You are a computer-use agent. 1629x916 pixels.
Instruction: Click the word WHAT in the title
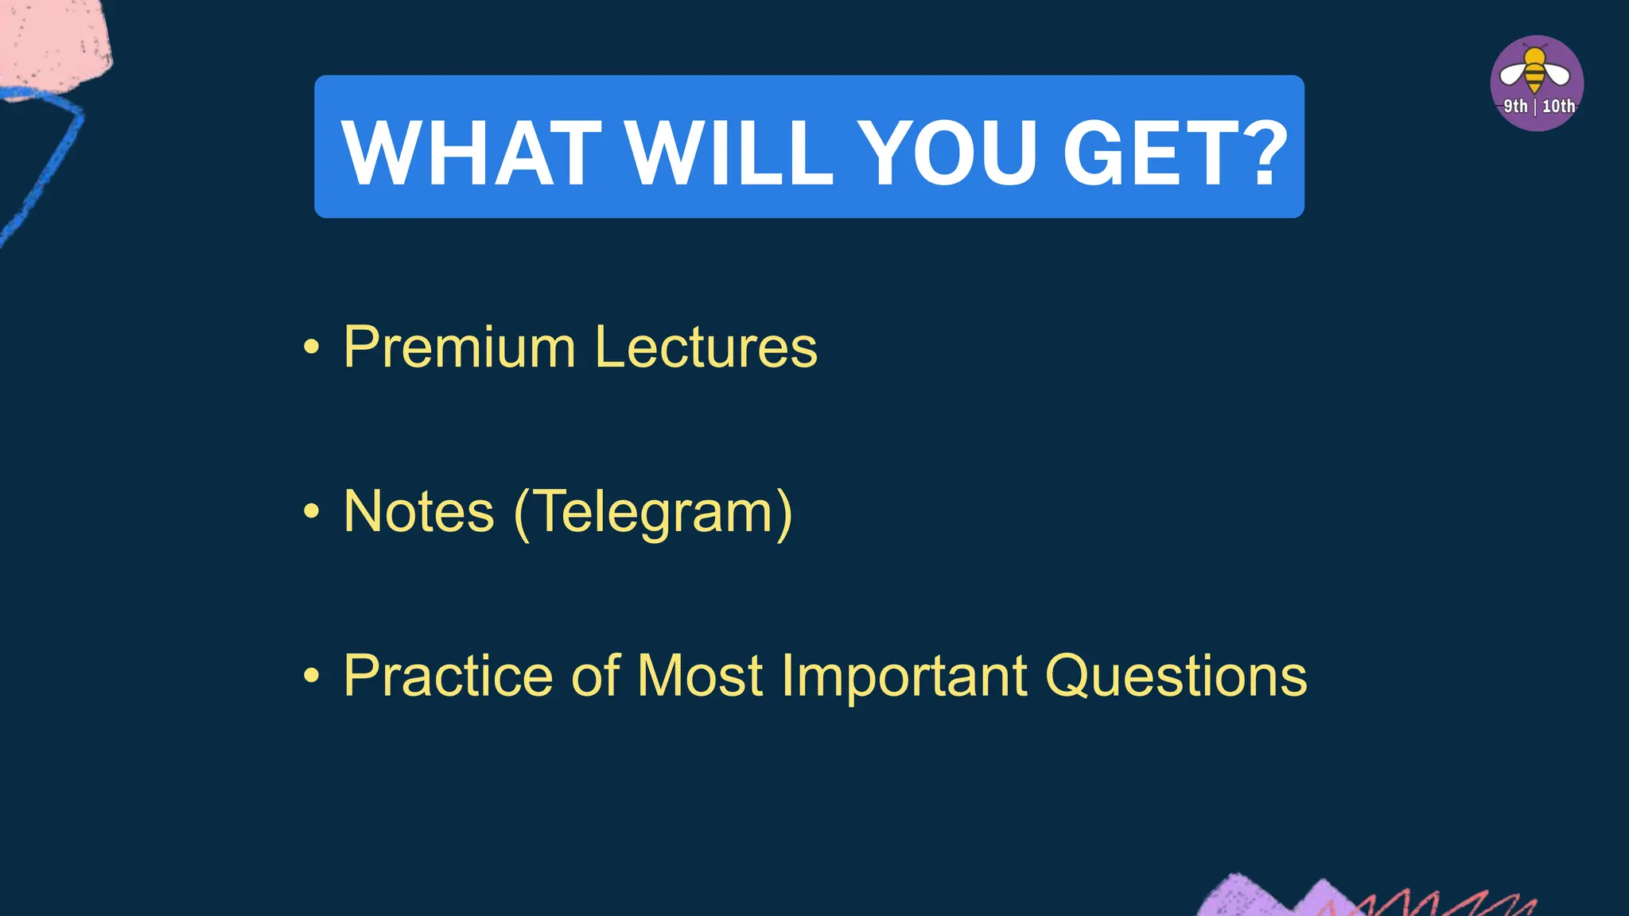471,153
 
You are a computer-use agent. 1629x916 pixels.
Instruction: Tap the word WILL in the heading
729,153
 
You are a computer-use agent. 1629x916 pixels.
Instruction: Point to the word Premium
460,348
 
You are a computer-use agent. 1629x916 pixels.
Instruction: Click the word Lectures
706,348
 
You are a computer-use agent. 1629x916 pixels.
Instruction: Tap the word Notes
419,512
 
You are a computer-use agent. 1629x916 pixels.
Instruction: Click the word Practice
448,677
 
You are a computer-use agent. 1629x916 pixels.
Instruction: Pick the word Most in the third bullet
700,677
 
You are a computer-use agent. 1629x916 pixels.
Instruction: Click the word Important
904,677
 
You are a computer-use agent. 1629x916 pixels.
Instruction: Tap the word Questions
1175,677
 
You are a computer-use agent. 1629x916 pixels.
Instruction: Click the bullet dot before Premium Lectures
311,347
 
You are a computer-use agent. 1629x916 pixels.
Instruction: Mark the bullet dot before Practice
311,676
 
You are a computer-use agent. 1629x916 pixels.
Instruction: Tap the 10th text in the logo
1557,107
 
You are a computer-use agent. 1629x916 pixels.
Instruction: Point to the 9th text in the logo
1515,107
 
